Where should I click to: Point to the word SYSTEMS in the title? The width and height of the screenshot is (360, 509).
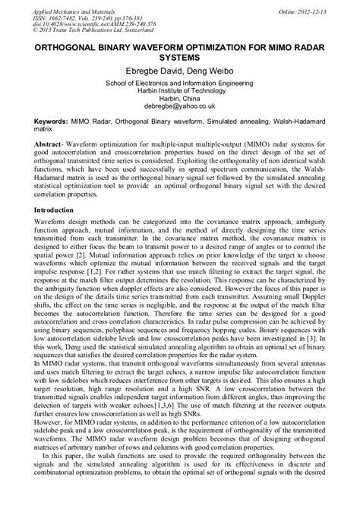179,57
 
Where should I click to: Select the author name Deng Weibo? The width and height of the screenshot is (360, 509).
213,71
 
